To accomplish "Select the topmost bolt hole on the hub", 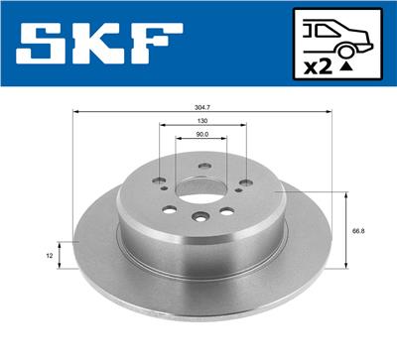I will pos(201,166).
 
